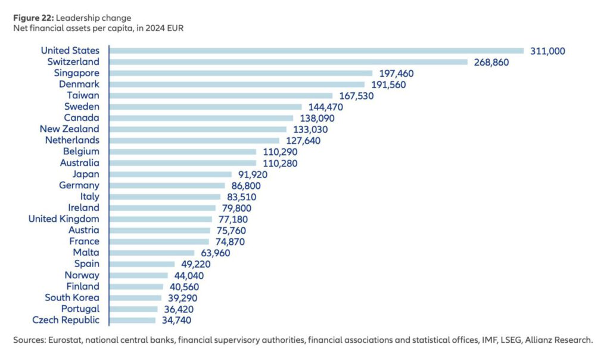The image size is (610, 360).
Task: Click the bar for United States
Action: tap(316, 51)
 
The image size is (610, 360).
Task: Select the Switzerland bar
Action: tap(288, 62)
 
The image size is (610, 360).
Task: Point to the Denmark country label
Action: tap(79, 84)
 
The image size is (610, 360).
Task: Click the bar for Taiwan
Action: tap(221, 95)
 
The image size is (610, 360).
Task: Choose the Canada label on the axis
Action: tap(82, 118)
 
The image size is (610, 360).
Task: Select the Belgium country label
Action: tap(81, 152)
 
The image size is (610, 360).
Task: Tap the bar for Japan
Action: tap(170, 175)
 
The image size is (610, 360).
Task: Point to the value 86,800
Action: tap(243, 185)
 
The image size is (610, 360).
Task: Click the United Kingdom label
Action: tap(64, 219)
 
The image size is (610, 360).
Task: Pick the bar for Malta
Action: tap(152, 253)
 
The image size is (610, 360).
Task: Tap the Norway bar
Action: tap(138, 275)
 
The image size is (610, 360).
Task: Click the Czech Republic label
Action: tap(66, 320)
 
